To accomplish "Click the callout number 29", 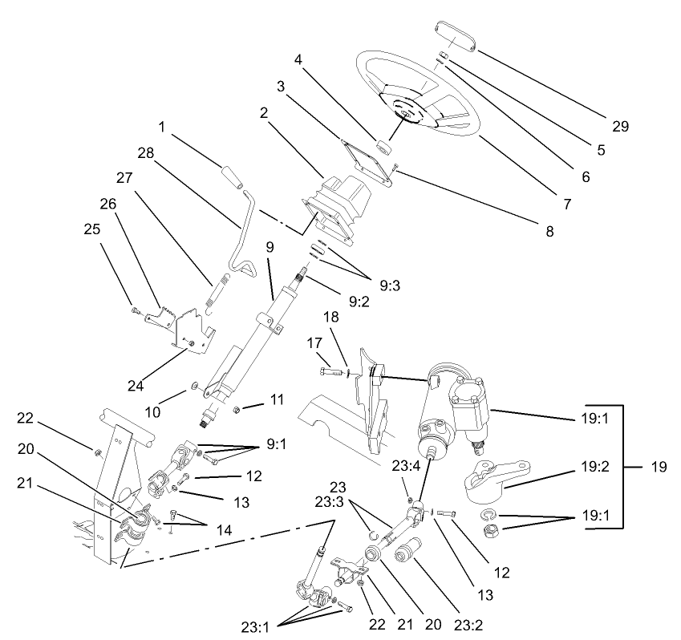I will [x=620, y=126].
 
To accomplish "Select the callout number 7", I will [x=568, y=204].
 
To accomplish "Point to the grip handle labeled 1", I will [x=231, y=175].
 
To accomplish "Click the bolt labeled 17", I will [x=328, y=371].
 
